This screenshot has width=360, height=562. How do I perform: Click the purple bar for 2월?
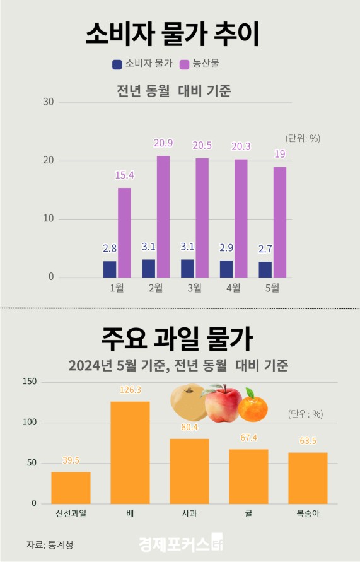(163, 216)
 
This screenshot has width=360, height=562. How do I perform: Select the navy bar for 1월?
(110, 269)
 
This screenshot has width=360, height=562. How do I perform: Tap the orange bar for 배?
(130, 452)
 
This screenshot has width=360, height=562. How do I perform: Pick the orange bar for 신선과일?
(71, 488)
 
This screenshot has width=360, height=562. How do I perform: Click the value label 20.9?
(163, 144)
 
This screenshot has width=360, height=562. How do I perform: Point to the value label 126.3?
(130, 390)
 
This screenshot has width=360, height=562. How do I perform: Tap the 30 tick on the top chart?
(48, 102)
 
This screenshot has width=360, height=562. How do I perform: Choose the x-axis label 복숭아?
(308, 513)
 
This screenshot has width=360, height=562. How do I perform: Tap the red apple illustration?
(221, 404)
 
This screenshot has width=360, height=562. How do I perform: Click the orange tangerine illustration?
(255, 406)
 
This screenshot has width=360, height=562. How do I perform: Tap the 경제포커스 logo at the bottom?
(180, 543)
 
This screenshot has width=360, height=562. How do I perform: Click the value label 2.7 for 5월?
(265, 250)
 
